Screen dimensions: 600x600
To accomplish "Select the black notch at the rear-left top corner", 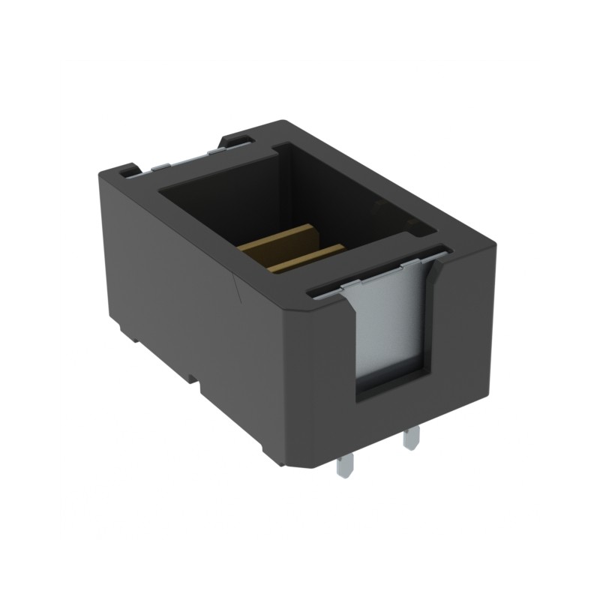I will [x=128, y=171].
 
